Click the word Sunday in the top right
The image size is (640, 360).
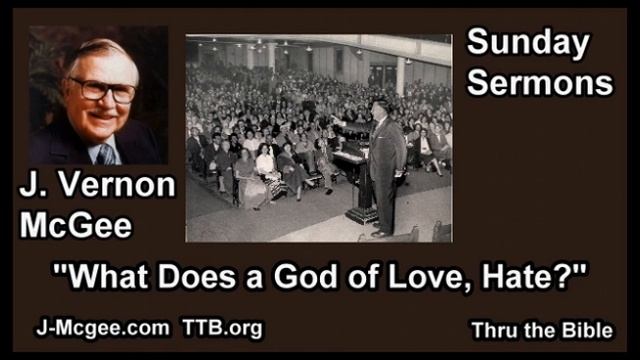[x=528, y=45]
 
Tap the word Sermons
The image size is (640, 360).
[x=540, y=83]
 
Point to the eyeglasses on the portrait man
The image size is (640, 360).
[x=100, y=87]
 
